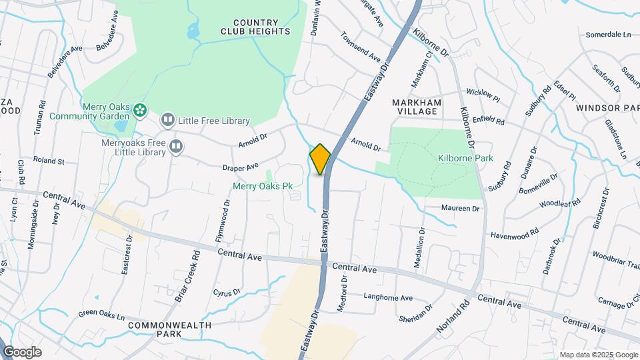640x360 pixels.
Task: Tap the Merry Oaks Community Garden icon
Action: (x=140, y=109)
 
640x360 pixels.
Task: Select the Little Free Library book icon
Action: (x=167, y=120)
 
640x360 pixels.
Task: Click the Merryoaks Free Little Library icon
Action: (x=176, y=146)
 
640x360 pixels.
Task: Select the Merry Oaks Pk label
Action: (x=263, y=187)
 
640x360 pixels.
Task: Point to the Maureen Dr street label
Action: (x=460, y=208)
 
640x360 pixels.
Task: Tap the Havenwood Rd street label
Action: (x=515, y=235)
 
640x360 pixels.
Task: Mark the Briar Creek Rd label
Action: (x=187, y=276)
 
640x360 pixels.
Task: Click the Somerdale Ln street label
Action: (x=608, y=34)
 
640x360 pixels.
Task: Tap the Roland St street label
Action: (x=49, y=161)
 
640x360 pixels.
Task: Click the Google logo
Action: (x=21, y=352)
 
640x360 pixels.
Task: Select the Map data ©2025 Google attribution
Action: (x=599, y=355)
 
